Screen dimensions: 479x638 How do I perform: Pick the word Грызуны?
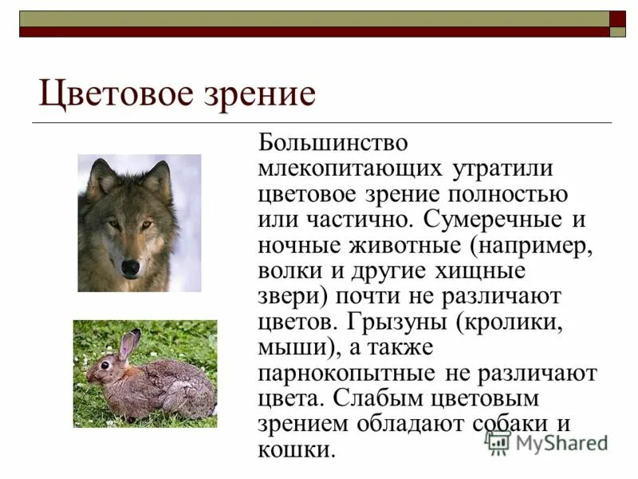(x=398, y=323)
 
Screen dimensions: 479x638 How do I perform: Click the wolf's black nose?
(x=130, y=266)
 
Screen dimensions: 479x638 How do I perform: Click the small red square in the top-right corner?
(x=617, y=18)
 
